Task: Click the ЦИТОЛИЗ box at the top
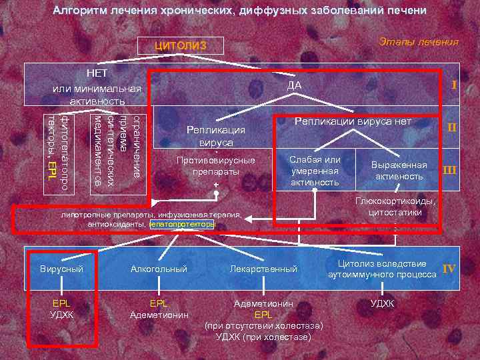(x=181, y=46)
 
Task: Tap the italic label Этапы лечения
(x=418, y=42)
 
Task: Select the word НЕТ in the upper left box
(x=97, y=71)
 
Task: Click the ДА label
(x=294, y=85)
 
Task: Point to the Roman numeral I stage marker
(x=454, y=85)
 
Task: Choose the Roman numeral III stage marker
(x=450, y=170)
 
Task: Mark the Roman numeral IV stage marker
(x=449, y=269)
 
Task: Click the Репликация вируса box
(x=216, y=135)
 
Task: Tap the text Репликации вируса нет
(x=353, y=122)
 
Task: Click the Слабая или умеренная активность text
(x=315, y=171)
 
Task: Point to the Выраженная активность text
(x=400, y=171)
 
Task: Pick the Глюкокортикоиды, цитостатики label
(x=395, y=207)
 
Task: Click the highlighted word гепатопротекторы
(x=183, y=225)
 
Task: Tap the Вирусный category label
(x=62, y=269)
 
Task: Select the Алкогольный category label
(x=159, y=269)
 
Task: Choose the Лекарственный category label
(x=263, y=269)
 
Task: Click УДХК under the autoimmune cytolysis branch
(x=382, y=303)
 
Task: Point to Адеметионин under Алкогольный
(x=159, y=314)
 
